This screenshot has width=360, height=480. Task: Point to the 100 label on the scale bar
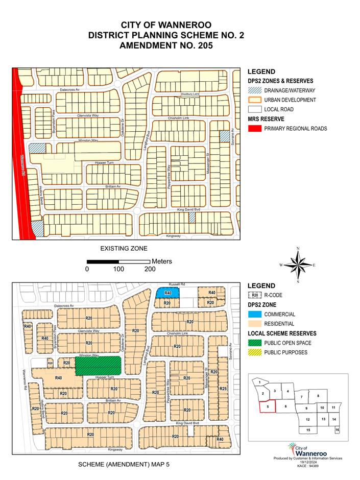coord(118,269)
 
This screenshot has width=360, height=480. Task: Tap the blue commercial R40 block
coord(167,293)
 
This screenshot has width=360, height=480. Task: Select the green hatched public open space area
coord(98,366)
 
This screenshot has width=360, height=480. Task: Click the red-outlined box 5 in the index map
coord(268,406)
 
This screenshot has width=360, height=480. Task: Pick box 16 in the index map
coord(337,430)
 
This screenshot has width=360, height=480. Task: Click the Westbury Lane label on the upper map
coord(189,94)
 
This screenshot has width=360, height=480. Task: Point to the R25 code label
coord(223,389)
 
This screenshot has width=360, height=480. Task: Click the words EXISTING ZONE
coord(123,249)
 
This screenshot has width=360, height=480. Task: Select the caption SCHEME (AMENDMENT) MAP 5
coord(123,465)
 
